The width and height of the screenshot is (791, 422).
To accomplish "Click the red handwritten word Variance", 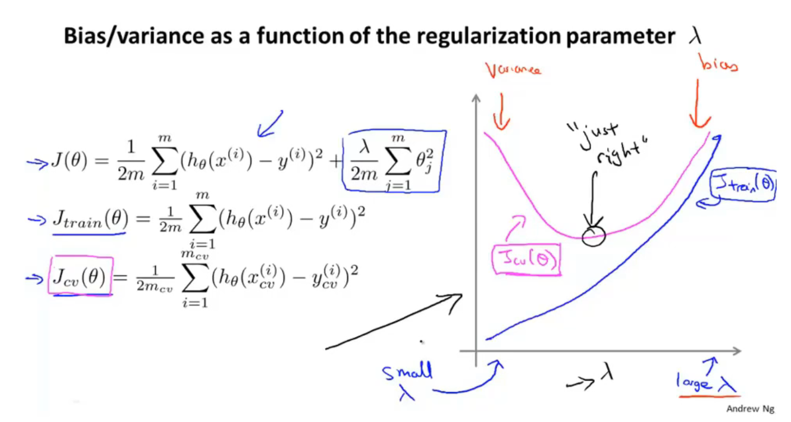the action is [x=513, y=71].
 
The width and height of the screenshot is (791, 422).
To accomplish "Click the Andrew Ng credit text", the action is [x=751, y=409].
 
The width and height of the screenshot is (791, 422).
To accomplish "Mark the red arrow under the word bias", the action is [x=699, y=104].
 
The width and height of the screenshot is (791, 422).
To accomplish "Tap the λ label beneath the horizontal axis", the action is [x=606, y=373].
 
